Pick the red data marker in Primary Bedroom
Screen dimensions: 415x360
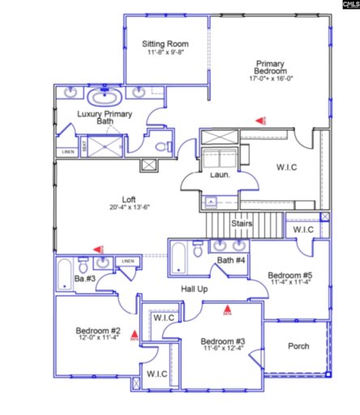click(x=261, y=120)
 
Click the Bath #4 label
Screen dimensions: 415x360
click(x=231, y=260)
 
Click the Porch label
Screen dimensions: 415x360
click(x=298, y=346)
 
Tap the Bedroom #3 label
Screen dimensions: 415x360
click(x=222, y=340)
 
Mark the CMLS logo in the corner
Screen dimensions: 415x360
click(x=343, y=6)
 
